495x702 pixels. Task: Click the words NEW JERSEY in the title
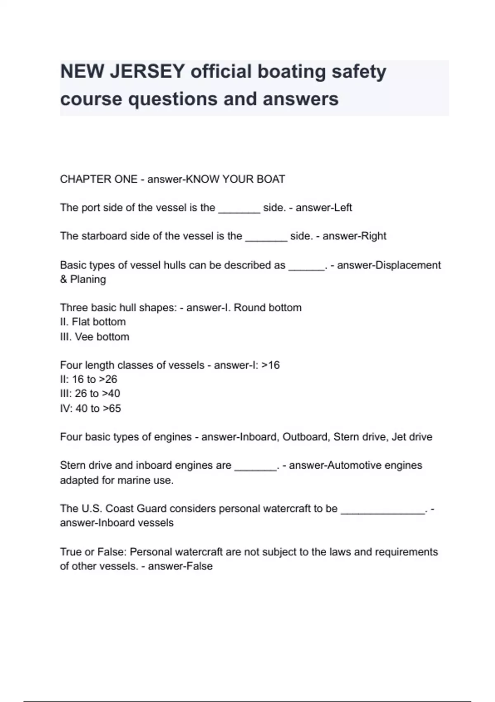(x=122, y=72)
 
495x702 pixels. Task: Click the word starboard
(x=104, y=236)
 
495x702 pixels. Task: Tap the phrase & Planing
(x=83, y=280)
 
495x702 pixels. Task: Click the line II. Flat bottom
(x=93, y=322)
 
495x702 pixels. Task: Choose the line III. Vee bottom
(x=94, y=337)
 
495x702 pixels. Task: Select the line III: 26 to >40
(x=90, y=394)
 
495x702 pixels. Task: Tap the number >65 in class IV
(x=112, y=409)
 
